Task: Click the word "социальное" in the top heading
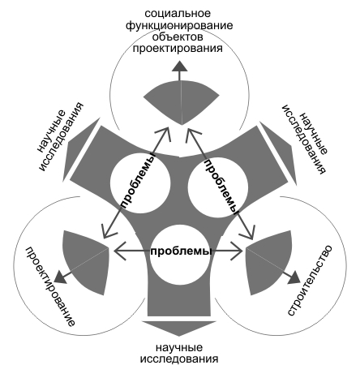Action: pos(178,13)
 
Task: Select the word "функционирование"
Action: pos(179,25)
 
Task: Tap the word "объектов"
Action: pos(178,37)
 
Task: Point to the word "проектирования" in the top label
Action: pos(178,49)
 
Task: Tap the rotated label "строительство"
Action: pos(310,280)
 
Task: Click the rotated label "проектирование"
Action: pos(50,286)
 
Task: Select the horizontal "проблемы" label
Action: pos(181,251)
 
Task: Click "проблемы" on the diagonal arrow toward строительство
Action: pos(221,187)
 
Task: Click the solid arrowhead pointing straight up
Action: pos(180,67)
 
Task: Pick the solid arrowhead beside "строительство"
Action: pos(294,277)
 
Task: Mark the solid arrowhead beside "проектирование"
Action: pos(61,277)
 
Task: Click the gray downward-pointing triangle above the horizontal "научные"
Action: pos(179,328)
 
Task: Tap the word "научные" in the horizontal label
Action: pos(179,347)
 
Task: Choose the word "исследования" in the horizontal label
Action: pos(179,359)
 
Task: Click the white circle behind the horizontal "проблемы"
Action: pos(180,255)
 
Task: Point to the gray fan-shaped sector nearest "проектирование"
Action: pos(88,262)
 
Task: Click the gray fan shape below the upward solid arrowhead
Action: pos(181,102)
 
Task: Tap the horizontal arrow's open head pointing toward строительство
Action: pos(238,251)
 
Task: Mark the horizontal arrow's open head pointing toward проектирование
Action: pos(120,251)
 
